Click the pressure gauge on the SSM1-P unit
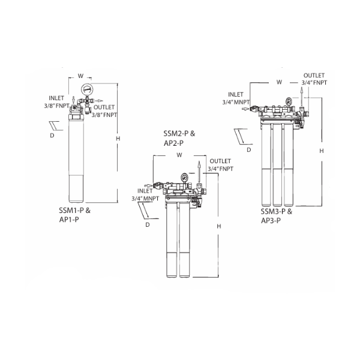87,89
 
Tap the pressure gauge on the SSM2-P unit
184,176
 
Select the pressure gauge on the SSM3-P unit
289,101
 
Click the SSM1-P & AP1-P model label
74,215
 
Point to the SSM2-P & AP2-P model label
179,138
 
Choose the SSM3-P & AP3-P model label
277,216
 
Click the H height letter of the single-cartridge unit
118,139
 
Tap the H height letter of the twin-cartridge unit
219,226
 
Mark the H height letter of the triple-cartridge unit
322,151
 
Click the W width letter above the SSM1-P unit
80,76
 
